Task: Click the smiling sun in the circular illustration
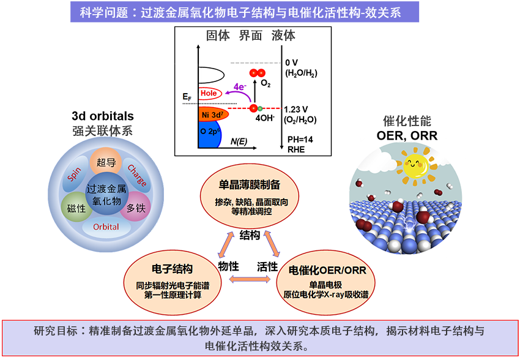(414, 164)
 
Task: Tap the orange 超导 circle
(103, 163)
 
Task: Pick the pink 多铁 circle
(136, 208)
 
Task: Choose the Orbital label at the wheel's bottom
(106, 227)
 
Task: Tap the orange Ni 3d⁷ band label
(214, 115)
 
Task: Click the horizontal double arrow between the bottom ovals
(248, 279)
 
